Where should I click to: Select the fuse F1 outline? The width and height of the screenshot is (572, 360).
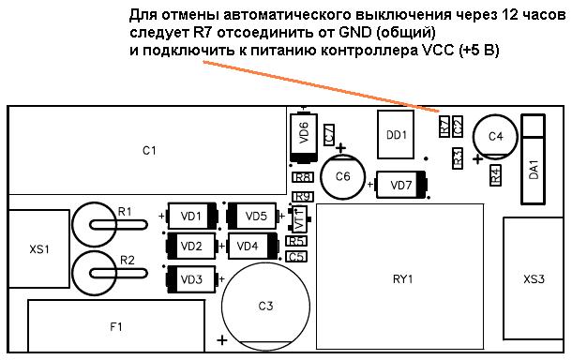(x=116, y=326)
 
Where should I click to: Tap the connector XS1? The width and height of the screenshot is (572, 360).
(x=38, y=249)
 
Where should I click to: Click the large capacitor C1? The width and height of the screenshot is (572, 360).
(x=148, y=150)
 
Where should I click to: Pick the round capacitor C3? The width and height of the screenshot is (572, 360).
(x=265, y=306)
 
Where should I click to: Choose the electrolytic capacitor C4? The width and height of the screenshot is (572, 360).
(x=495, y=137)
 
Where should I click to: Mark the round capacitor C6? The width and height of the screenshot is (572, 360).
(x=343, y=176)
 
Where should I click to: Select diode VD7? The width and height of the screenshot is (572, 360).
(x=400, y=185)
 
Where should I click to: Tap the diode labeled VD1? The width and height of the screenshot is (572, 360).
(x=191, y=217)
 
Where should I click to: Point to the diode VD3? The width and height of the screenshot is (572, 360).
(x=190, y=278)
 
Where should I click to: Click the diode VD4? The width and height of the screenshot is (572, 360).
(x=248, y=247)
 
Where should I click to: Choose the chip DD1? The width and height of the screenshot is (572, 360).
(x=396, y=134)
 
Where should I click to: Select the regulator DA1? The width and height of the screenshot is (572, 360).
(x=534, y=159)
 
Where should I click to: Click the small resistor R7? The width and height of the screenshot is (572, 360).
(x=444, y=125)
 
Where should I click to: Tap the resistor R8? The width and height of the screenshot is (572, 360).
(x=302, y=177)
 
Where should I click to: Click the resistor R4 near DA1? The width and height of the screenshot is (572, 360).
(x=494, y=174)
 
